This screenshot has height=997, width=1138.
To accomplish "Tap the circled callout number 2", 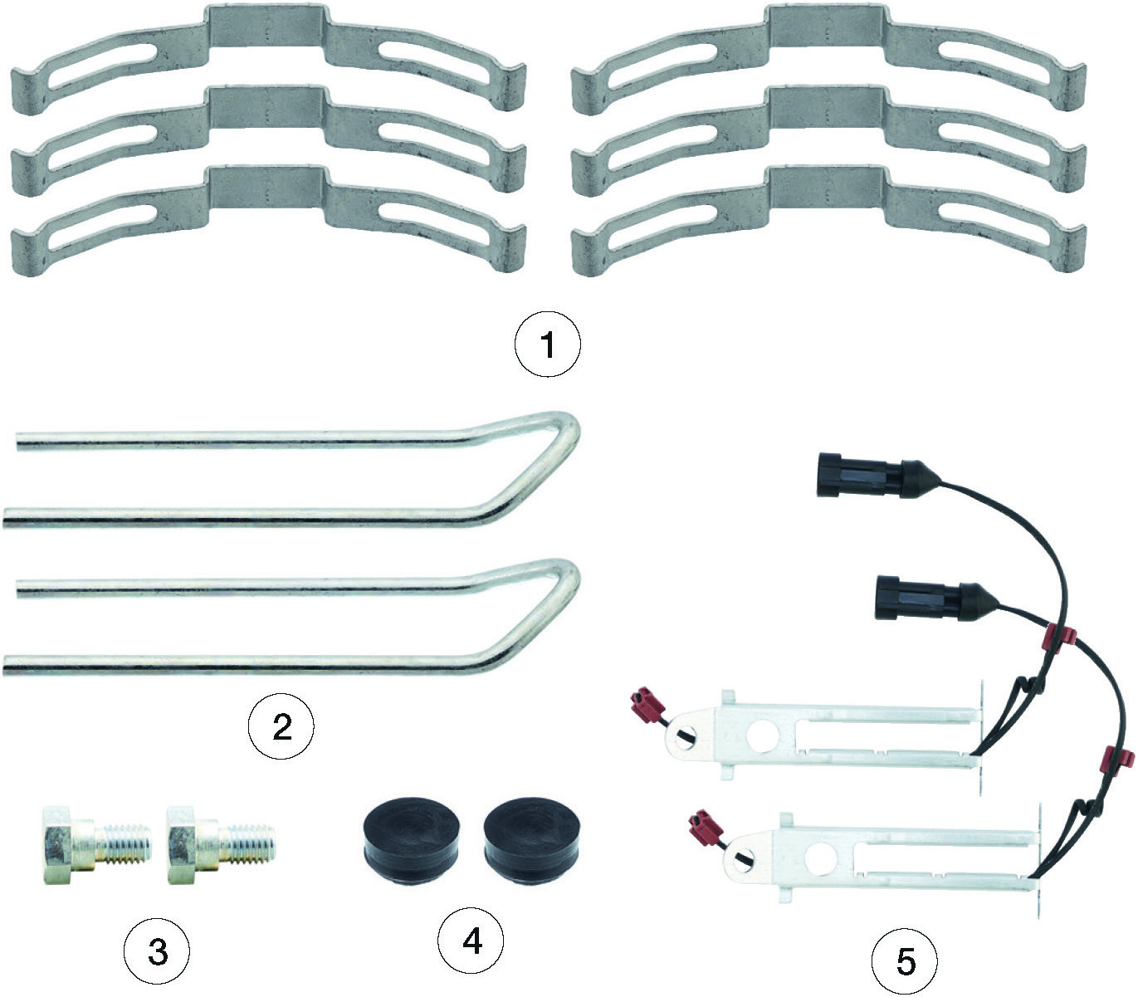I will (x=281, y=728).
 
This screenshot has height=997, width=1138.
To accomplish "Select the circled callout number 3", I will (x=157, y=951).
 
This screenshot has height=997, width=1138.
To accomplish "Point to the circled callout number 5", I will (x=905, y=961).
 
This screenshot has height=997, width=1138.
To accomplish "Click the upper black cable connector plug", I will (x=855, y=475).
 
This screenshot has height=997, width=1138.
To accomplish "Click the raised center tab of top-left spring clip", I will (x=266, y=27).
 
